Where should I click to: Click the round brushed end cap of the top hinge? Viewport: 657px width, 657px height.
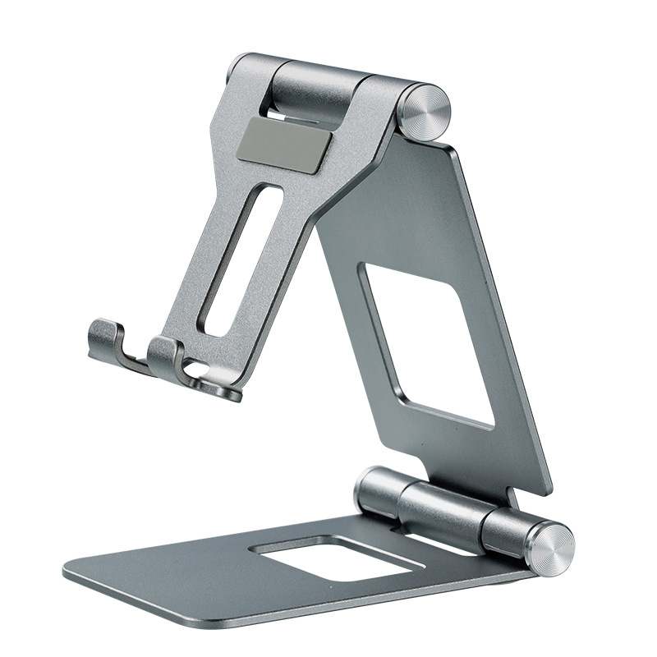[427, 116]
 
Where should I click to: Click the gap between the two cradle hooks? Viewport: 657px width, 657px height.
[136, 349]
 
